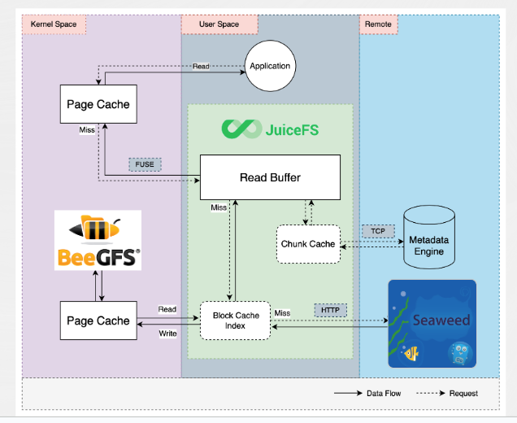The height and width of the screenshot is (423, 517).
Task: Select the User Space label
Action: (219, 24)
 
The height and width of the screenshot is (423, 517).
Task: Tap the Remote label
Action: (378, 24)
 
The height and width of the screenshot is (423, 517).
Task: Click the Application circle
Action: (270, 66)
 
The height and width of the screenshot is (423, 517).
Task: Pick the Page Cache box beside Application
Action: (97, 104)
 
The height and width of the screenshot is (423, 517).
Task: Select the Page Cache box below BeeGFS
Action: (97, 321)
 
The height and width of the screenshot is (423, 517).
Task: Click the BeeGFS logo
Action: (98, 240)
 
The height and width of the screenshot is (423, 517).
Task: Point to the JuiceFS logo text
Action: (268, 129)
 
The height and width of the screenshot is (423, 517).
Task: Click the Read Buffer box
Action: (271, 177)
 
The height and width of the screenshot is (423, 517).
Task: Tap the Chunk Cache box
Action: (308, 244)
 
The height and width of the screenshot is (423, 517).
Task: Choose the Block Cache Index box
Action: (236, 321)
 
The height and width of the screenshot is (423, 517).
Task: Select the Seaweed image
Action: (432, 323)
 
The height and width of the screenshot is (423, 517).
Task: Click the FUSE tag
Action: (145, 164)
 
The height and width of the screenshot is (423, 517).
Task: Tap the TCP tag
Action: (378, 231)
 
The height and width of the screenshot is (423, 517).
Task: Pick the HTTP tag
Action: (330, 309)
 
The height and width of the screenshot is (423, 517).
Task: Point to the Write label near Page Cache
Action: (167, 334)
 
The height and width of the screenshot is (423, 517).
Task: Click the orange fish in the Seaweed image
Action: (411, 352)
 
